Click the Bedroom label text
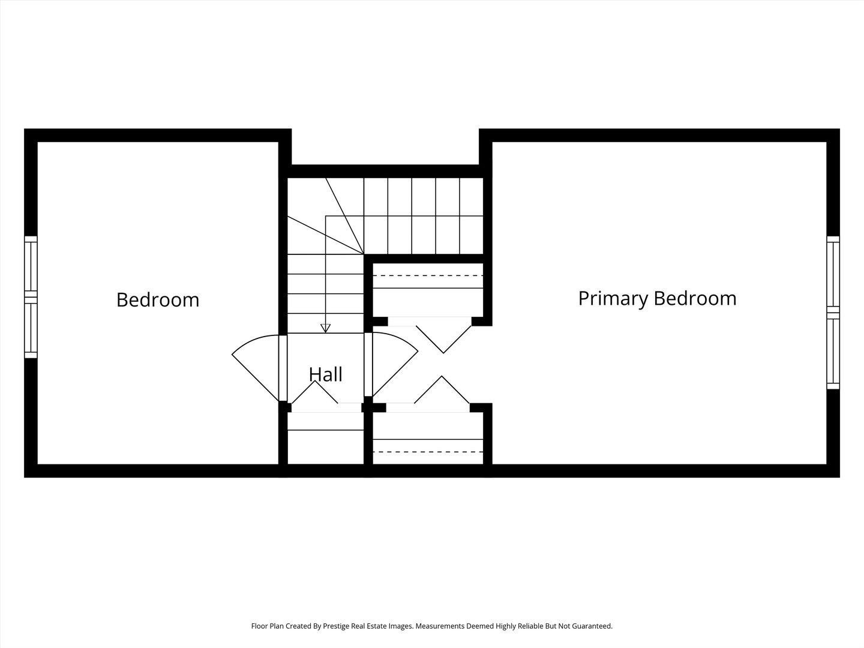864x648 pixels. click(x=158, y=299)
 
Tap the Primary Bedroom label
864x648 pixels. click(x=657, y=298)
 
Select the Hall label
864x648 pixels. click(x=325, y=374)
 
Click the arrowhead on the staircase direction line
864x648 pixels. click(x=325, y=328)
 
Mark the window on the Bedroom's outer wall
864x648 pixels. click(x=31, y=297)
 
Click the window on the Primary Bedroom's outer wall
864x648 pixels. click(x=833, y=312)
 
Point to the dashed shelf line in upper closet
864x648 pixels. click(x=428, y=275)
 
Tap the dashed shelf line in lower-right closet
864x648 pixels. click(x=428, y=451)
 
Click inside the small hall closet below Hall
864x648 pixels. click(x=325, y=447)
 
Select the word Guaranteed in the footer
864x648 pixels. click(x=590, y=626)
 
